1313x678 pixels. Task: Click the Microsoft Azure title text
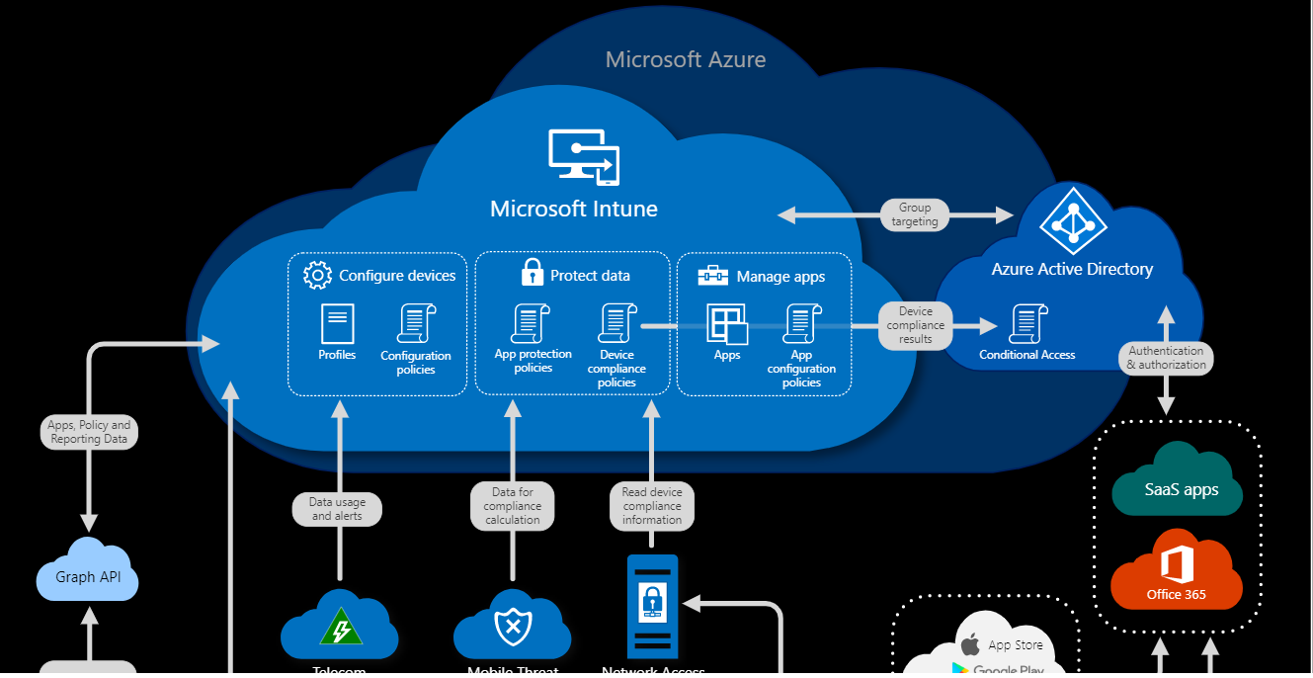[686, 59]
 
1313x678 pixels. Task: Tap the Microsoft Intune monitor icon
[584, 157]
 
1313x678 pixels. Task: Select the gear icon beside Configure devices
[317, 275]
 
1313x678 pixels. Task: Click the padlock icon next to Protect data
[533, 272]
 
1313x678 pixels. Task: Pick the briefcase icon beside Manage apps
[712, 276]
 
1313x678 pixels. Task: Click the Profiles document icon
[337, 324]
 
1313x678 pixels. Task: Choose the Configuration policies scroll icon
[416, 324]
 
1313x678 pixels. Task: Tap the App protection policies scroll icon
[531, 324]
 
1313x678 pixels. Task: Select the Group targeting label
[915, 214]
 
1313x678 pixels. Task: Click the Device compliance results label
[916, 325]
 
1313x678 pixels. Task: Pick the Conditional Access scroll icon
[1027, 324]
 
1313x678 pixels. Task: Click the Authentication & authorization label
[1166, 357]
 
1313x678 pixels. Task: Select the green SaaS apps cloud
[1179, 484]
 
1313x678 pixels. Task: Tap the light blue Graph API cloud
[88, 573]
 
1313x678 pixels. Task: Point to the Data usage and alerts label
[337, 509]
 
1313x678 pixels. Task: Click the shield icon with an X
[512, 627]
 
